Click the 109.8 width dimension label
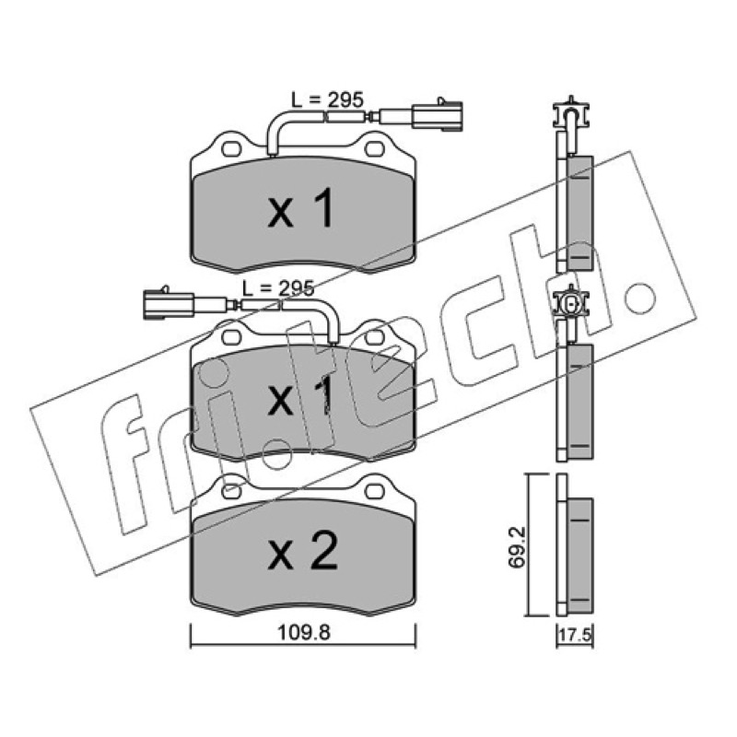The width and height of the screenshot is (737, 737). (304, 632)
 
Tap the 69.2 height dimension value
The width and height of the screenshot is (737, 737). (518, 548)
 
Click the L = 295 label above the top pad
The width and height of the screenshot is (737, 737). (327, 99)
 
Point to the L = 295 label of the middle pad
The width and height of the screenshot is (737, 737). (278, 288)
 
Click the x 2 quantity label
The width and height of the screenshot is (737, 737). (302, 550)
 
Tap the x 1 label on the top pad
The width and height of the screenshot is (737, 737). (301, 208)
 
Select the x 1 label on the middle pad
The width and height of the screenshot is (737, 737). (301, 396)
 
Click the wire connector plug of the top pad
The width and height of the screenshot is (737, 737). (437, 114)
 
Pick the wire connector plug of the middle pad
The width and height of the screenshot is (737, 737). (169, 303)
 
